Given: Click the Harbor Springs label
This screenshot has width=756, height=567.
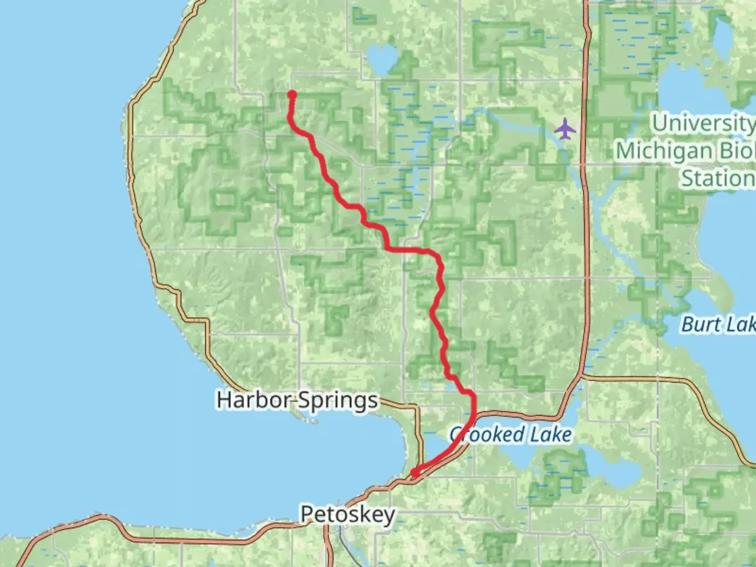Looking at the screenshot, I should (x=297, y=400).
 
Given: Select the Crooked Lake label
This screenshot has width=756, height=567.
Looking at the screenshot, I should (x=510, y=435).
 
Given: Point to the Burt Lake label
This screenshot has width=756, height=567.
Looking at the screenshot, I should (x=718, y=324).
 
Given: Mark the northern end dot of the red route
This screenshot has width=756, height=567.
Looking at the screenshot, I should (x=292, y=95).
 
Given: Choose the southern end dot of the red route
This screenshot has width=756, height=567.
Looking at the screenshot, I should (x=415, y=472).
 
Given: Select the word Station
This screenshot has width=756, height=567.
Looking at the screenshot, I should (x=718, y=178).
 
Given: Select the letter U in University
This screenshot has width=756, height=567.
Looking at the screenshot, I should (x=660, y=123).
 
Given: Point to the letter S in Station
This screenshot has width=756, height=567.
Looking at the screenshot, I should (x=688, y=178).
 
